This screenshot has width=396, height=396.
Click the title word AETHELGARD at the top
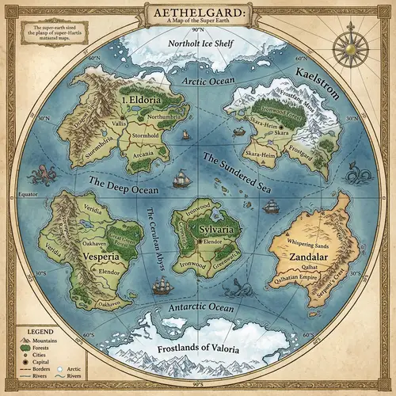[197, 14]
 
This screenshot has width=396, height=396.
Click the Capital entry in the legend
[37, 359]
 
